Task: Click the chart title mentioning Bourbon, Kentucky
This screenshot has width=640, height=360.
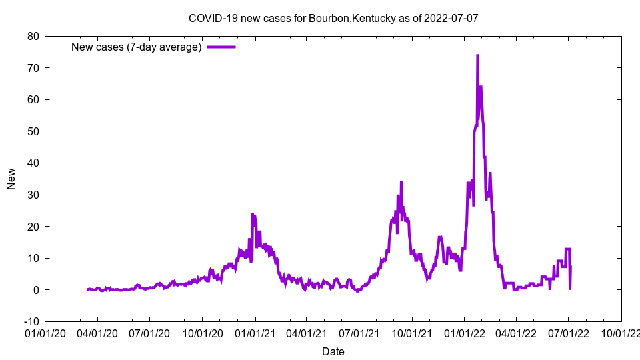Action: pyautogui.click(x=333, y=18)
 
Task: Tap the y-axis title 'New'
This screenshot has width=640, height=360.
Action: pyautogui.click(x=11, y=179)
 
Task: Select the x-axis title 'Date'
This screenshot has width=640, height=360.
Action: pyautogui.click(x=333, y=351)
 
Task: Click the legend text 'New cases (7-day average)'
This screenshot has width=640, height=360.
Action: pyautogui.click(x=136, y=47)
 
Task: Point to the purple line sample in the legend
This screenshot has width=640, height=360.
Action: pyautogui.click(x=221, y=47)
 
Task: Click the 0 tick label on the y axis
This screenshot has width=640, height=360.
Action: pyautogui.click(x=35, y=290)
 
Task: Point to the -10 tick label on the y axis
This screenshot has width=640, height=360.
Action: pyautogui.click(x=31, y=321)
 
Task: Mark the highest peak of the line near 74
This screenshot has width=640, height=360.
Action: pyautogui.click(x=477, y=55)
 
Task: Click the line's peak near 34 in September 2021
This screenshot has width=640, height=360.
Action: pyautogui.click(x=401, y=182)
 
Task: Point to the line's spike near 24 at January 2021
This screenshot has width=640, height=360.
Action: pyautogui.click(x=253, y=214)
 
